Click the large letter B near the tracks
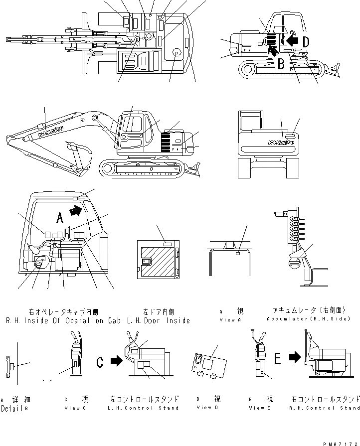tap(281, 63)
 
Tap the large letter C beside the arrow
tap(100, 361)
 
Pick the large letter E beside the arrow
tap(278, 357)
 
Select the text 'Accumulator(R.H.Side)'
tap(308, 318)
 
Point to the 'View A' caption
tap(230, 320)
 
